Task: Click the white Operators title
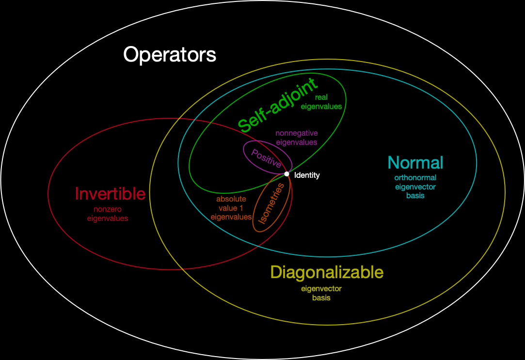tap(170, 54)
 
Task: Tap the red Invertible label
tap(110, 194)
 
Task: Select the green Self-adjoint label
tap(278, 104)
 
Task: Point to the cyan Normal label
tap(415, 162)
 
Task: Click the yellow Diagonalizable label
tap(327, 272)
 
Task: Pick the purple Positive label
tap(266, 158)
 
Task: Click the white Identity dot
tap(286, 174)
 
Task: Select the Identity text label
tap(307, 175)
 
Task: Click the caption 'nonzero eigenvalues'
tap(108, 214)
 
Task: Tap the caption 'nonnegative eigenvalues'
tap(296, 138)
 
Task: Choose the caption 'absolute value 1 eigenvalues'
tap(231, 208)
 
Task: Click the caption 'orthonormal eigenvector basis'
tap(415, 187)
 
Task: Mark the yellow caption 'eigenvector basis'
tap(321, 293)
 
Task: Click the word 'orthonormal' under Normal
tap(415, 178)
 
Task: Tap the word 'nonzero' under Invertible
tap(108, 210)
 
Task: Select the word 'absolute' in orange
tap(231, 199)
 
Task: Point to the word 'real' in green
tap(321, 97)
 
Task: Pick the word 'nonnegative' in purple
tap(296, 133)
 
